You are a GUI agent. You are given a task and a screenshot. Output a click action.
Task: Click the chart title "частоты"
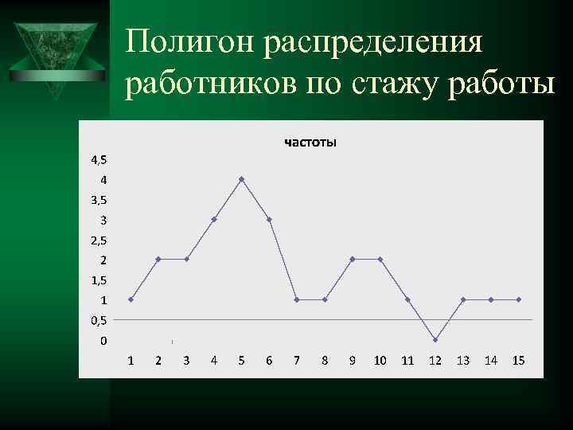click(310, 143)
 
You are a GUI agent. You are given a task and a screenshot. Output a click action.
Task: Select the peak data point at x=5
click(241, 179)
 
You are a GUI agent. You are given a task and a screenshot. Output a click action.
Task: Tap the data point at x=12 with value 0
click(435, 340)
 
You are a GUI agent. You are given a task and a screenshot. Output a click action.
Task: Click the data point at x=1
click(131, 299)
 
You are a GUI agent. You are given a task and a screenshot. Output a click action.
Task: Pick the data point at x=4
click(214, 219)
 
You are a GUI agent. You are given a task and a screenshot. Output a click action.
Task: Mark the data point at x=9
click(352, 260)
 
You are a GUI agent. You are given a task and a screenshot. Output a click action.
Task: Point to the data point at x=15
click(518, 299)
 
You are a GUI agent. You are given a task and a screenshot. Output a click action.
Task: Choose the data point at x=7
click(297, 299)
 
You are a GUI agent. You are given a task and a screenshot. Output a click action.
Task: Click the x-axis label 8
click(325, 361)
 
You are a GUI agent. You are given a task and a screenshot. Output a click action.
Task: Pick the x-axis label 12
click(435, 361)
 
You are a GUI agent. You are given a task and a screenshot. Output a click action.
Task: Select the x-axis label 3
click(186, 361)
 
